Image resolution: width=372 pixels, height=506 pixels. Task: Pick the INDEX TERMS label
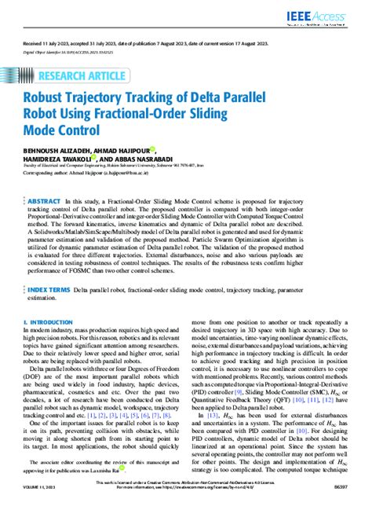52,290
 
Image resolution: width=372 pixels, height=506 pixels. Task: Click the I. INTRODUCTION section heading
50,323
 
